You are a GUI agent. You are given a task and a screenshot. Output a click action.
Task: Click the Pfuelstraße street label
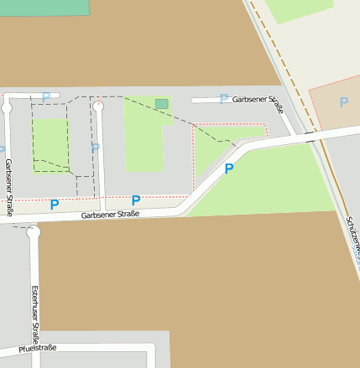38,348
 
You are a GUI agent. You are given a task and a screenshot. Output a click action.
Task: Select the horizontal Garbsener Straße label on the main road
110,215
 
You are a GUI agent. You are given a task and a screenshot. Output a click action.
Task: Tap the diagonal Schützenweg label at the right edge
352,239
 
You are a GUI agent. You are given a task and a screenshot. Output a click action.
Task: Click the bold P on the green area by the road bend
228,169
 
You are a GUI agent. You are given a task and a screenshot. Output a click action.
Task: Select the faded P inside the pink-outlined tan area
342,102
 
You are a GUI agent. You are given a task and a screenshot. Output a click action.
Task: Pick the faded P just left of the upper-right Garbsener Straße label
223,99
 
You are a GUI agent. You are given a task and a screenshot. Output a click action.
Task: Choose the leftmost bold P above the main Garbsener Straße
55,204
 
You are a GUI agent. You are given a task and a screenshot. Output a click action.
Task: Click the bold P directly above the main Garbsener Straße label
135,200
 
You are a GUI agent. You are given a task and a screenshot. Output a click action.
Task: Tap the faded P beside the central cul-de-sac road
95,148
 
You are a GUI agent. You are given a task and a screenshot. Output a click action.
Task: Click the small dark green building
161,104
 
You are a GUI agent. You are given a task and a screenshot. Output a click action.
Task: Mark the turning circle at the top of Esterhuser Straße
34,233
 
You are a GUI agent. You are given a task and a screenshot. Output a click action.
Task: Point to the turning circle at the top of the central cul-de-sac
98,106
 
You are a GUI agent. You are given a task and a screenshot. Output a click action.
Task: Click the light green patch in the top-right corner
298,8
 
